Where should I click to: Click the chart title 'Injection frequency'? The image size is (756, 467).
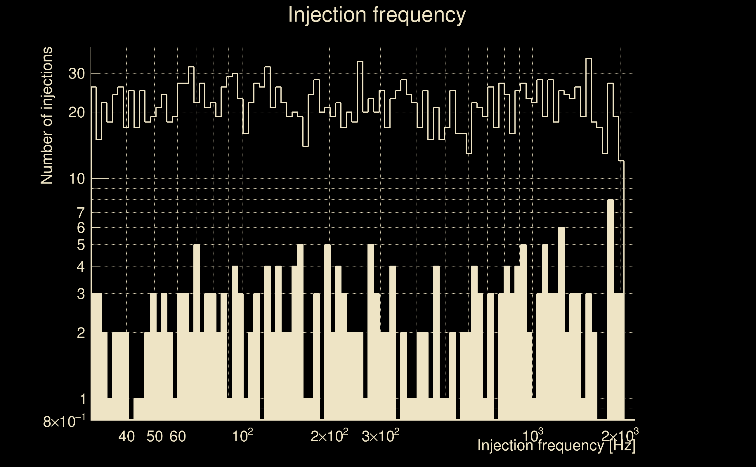377,15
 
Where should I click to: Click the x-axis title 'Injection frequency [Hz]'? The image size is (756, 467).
556,445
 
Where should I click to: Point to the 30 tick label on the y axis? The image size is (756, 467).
77,74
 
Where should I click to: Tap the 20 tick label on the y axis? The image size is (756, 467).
77,113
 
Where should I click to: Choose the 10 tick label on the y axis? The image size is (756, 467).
77,179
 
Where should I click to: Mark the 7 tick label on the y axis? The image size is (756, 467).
81,213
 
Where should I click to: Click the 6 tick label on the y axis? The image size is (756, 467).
81,228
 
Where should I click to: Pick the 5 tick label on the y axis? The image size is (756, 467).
81,245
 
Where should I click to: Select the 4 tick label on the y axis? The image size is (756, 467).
81,266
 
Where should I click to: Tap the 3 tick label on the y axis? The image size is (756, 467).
81,294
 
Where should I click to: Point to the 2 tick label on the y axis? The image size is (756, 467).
81,333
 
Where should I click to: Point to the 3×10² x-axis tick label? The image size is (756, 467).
380,436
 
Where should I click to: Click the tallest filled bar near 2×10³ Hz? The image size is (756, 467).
611,309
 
